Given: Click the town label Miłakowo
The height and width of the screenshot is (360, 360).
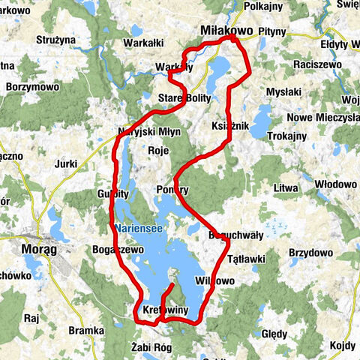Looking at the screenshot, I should point(227,30).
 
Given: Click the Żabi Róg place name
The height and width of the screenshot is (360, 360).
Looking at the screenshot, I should point(151,347).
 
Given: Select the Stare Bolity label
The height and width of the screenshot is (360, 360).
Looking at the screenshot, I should point(184,99).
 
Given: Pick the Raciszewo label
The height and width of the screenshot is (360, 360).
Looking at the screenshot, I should point(317,65).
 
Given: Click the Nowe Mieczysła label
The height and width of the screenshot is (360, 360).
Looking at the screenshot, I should point(323,118).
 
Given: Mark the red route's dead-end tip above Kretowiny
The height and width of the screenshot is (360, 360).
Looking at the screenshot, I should point(173,285).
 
